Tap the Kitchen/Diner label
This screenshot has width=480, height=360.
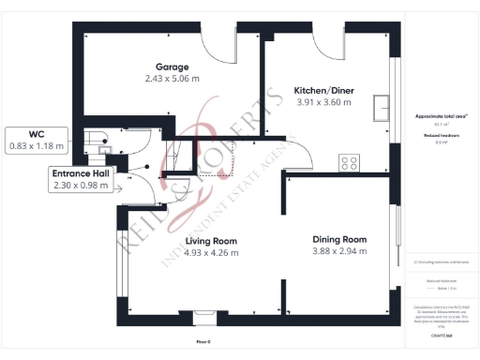pyautogui.click(x=323, y=90)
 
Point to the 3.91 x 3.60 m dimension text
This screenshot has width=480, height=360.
pyautogui.click(x=323, y=102)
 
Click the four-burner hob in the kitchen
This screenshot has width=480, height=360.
pyautogui.click(x=350, y=163)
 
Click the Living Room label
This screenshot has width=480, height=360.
pyautogui.click(x=197, y=240)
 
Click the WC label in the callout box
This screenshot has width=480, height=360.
pyautogui.click(x=37, y=135)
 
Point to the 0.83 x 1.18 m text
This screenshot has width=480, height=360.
pyautogui.click(x=37, y=146)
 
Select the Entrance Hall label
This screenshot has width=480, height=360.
pyautogui.click(x=82, y=173)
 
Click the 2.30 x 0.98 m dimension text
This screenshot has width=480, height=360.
pyautogui.click(x=82, y=186)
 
